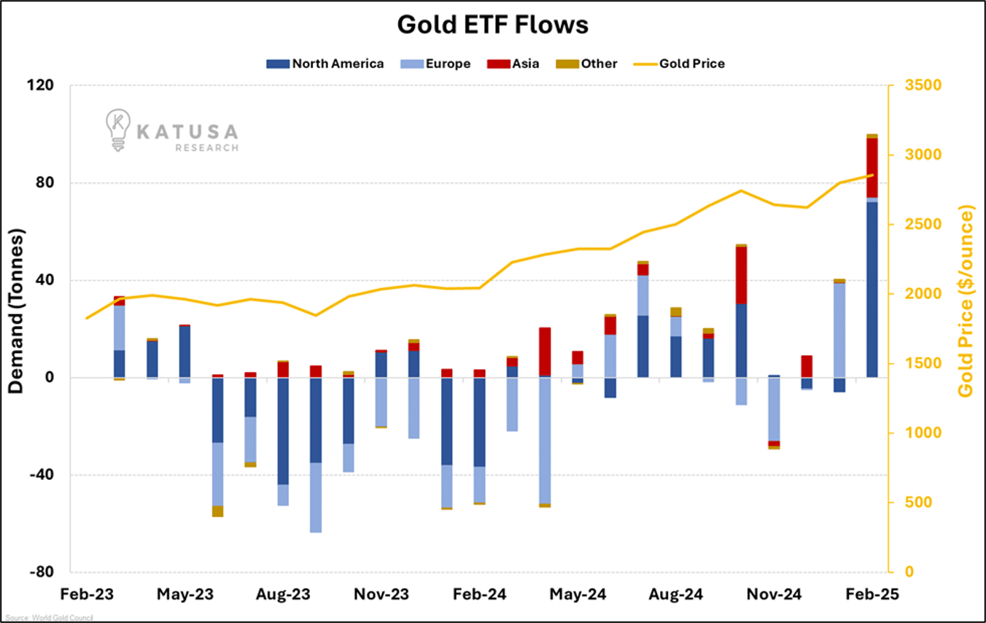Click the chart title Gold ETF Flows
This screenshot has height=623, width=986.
click(492, 25)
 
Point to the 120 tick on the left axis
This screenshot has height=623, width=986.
click(41, 85)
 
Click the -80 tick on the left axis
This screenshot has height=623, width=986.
click(41, 573)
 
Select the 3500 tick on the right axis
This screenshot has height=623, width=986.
click(923, 85)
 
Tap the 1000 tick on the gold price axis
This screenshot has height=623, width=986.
click(923, 433)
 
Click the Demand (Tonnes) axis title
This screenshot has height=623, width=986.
click(16, 311)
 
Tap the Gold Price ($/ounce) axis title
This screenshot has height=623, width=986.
click(966, 301)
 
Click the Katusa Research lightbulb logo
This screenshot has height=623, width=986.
click(117, 130)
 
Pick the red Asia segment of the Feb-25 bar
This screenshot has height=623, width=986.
click(872, 168)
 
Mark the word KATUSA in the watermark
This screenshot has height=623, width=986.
click(187, 131)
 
